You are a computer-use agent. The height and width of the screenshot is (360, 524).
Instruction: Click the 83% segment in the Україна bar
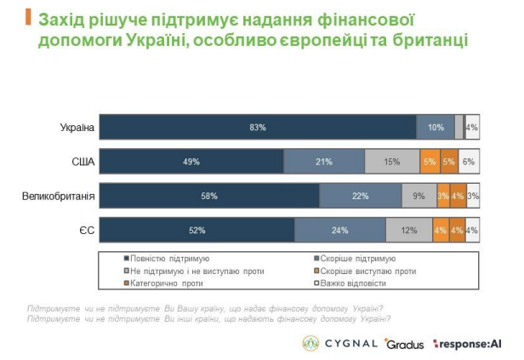click(259, 127)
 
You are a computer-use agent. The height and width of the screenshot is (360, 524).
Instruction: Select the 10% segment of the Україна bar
click(436, 127)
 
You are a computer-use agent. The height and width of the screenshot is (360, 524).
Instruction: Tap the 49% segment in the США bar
click(191, 162)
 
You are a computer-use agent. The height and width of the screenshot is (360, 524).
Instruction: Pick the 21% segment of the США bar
click(324, 162)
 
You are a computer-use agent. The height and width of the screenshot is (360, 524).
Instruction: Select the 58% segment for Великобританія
click(209, 196)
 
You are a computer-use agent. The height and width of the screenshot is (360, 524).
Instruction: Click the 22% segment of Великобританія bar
click(361, 196)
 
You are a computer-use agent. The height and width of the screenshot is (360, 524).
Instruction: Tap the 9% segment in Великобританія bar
click(419, 196)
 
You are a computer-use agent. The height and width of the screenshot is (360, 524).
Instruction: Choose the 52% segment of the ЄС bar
click(197, 230)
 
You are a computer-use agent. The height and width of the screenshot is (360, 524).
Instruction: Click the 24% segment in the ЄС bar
click(340, 230)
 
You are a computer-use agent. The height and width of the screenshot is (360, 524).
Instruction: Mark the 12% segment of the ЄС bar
click(409, 230)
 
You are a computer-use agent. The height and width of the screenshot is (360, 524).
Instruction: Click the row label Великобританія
click(58, 196)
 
